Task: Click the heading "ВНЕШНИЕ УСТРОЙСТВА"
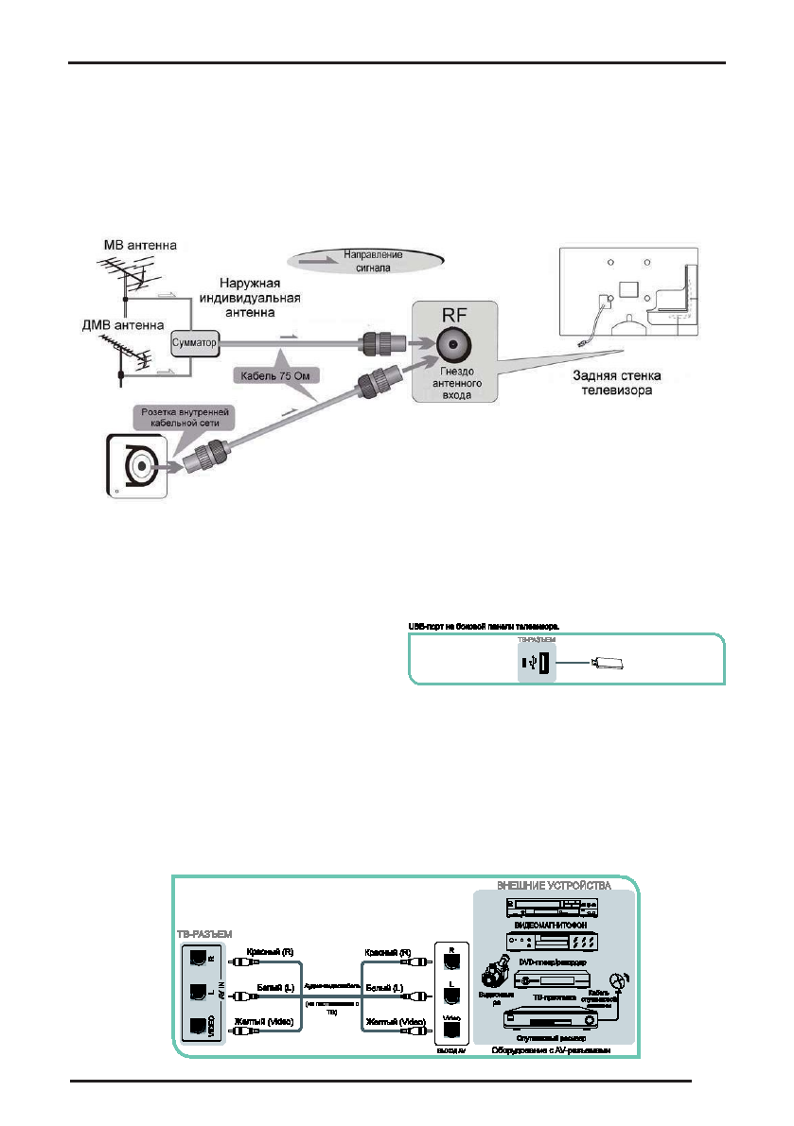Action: point(554,886)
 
